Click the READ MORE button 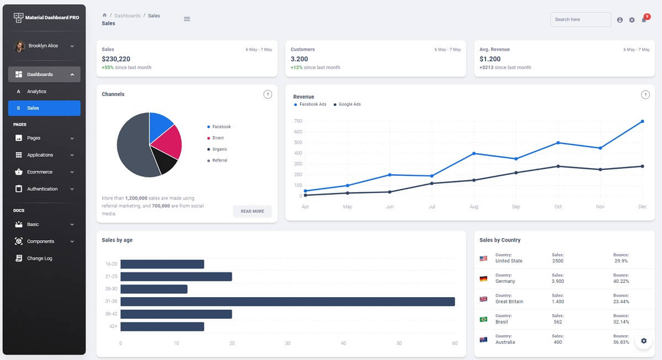click(252, 211)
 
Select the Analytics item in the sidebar click(36, 92)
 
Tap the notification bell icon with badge click(644, 19)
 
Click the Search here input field click(580, 19)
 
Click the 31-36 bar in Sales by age click(287, 302)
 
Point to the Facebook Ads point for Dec click(642, 121)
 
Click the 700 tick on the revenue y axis click(298, 121)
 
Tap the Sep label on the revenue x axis click(516, 207)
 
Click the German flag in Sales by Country click(483, 278)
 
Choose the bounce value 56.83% click(621, 342)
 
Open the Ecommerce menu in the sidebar click(40, 172)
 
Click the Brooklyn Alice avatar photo click(20, 46)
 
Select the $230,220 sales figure click(116, 59)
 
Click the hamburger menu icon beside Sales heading click(187, 19)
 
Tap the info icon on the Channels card click(268, 94)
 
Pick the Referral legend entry click(219, 160)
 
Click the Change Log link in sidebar click(39, 258)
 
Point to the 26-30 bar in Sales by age click(154, 289)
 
